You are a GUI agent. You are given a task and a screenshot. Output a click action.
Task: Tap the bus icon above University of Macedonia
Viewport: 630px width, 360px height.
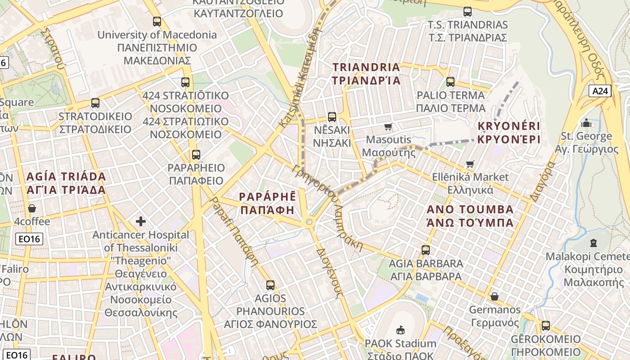(x=157, y=21)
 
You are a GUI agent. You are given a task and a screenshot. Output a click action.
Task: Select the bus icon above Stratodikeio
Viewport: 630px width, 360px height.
(x=95, y=103)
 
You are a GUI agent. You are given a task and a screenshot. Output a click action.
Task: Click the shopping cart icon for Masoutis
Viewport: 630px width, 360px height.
(x=388, y=127)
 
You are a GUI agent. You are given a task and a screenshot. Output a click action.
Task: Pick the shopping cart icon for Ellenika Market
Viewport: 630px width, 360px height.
(x=470, y=164)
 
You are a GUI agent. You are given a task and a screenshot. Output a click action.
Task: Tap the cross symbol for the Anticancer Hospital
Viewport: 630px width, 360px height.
(x=141, y=221)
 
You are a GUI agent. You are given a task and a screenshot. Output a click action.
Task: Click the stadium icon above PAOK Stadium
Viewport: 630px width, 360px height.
(x=400, y=330)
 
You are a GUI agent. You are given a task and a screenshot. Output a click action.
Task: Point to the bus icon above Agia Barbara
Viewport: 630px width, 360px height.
(x=425, y=250)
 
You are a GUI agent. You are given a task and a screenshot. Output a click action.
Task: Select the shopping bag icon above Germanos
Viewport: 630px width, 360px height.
(x=494, y=297)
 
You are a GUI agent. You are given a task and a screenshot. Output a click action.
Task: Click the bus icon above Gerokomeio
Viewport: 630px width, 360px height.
(x=545, y=325)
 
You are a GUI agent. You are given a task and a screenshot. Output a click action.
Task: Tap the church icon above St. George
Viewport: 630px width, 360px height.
(x=586, y=123)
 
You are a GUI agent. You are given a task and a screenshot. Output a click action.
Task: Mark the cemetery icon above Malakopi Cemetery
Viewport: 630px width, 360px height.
(x=593, y=243)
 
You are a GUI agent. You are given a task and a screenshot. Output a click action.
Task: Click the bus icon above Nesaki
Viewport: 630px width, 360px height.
(x=332, y=117)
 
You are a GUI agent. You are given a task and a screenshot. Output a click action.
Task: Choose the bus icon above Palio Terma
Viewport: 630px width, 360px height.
(x=450, y=82)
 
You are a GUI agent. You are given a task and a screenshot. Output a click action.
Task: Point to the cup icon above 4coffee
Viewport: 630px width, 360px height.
(x=32, y=208)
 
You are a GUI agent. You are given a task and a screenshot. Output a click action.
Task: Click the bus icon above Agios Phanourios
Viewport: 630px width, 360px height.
(x=270, y=285)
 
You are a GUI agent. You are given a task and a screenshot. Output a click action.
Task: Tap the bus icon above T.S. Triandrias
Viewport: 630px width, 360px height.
(x=468, y=12)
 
